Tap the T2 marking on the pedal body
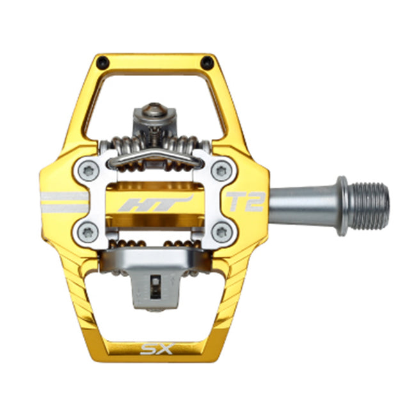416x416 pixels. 245,202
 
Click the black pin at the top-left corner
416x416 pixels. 102,63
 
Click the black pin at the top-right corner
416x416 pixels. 206,63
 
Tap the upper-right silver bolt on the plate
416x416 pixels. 221,171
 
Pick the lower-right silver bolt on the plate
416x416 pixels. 221,230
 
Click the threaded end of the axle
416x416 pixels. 370,206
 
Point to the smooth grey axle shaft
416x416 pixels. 301,205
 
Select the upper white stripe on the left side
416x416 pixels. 64,196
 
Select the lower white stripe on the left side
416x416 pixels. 64,209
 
